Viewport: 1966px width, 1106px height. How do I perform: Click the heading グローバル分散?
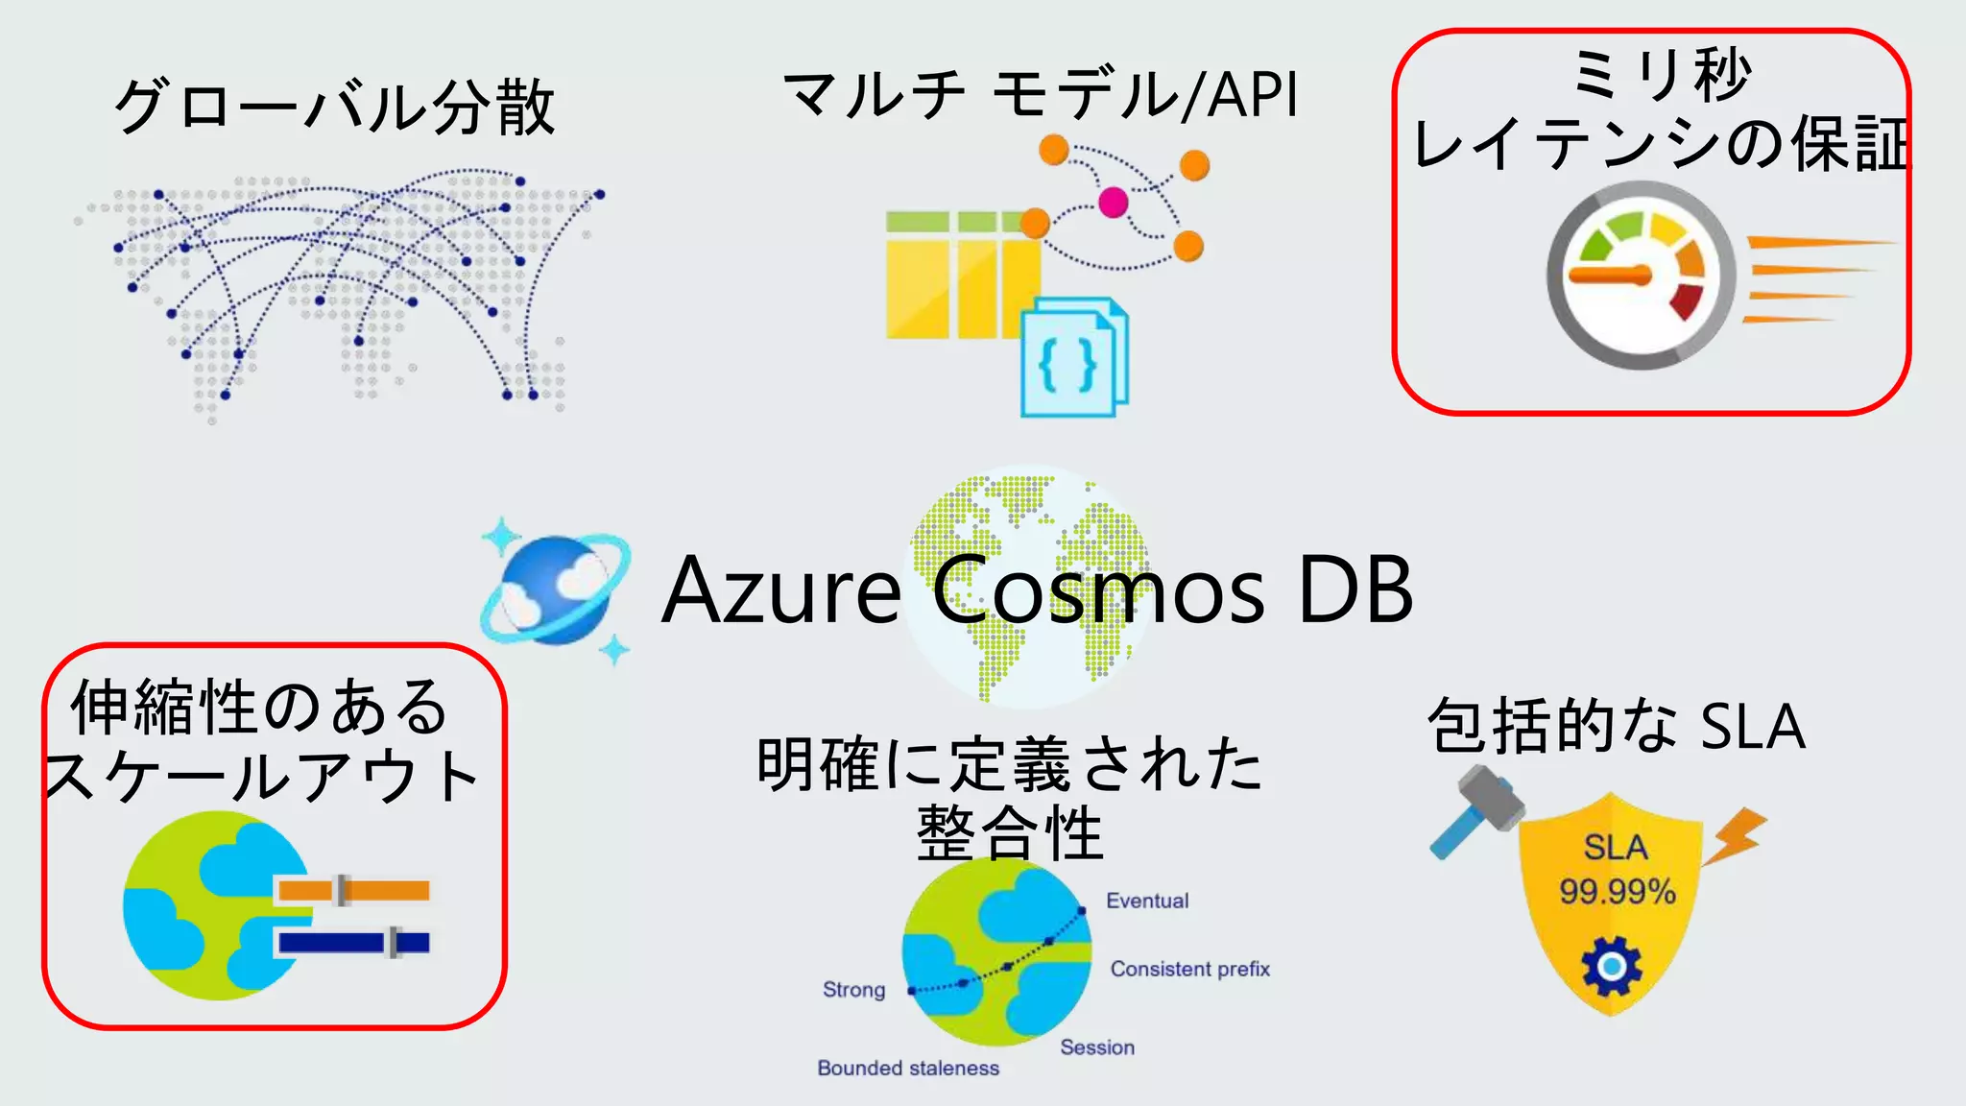point(334,106)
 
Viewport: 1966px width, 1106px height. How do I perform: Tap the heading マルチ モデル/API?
point(1041,95)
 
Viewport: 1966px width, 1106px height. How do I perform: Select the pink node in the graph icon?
point(1113,203)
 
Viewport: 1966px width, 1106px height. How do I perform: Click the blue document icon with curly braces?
point(1073,359)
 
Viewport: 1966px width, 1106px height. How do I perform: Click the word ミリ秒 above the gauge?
point(1662,74)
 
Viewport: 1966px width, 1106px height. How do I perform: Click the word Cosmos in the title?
point(1098,589)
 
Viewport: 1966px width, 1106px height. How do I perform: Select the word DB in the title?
point(1355,589)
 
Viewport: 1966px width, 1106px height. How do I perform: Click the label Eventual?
point(1147,901)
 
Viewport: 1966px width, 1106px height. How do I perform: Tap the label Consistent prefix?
point(1189,969)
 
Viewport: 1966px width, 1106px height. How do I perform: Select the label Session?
point(1097,1047)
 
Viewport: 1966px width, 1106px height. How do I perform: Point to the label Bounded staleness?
point(908,1068)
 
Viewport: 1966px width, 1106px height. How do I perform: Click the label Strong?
point(853,990)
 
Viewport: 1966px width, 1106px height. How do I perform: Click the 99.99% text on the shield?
point(1617,892)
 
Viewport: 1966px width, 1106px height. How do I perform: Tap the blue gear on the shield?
point(1612,966)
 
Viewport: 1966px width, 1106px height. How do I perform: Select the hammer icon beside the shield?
point(1474,809)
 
